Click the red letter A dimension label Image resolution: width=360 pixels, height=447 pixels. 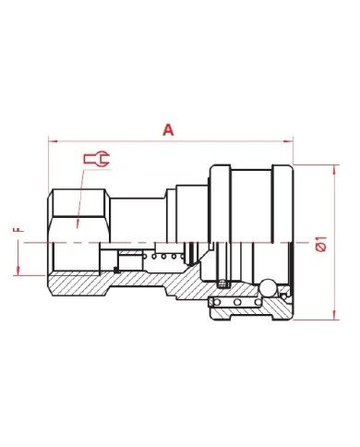pos(168,130)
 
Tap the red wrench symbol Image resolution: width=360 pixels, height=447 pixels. pos(97,159)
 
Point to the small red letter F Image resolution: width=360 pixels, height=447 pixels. pos(18,229)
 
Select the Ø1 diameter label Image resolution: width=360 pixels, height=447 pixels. pos(320,244)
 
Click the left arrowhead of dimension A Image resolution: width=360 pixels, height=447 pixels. pos(53,141)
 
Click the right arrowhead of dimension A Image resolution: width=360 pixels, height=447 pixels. pos(288,141)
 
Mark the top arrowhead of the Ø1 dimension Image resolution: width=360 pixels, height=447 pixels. pos(334,169)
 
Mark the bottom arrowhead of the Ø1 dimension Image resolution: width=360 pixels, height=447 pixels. pos(334,315)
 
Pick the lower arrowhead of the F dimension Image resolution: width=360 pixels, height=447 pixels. pos(18,271)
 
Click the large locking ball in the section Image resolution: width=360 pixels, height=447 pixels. pos(267,287)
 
